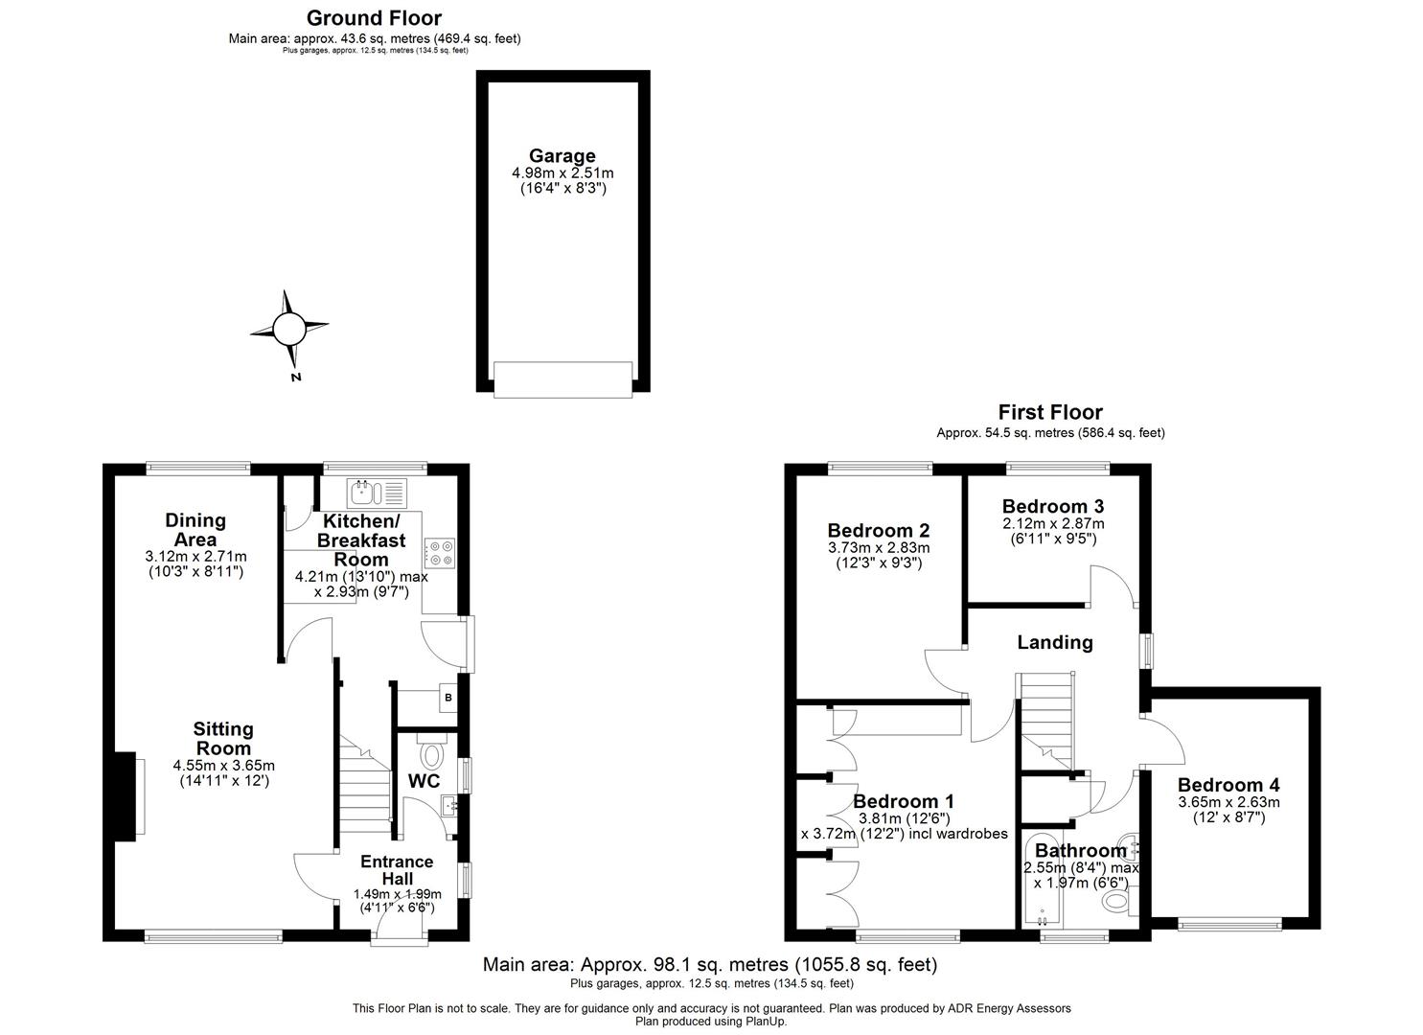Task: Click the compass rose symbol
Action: point(288,330)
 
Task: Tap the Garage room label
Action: point(562,156)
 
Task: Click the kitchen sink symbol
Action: point(379,493)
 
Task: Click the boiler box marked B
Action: point(448,697)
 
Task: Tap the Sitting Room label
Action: point(223,739)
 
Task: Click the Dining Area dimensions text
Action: point(195,564)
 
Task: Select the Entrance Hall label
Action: point(397,869)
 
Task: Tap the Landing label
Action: point(1054,642)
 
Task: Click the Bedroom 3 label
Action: point(1052,506)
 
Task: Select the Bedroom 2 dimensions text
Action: point(879,556)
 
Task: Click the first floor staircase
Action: point(1048,719)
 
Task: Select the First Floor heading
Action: point(1050,413)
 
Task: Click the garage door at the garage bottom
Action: point(562,379)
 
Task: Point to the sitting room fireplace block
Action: point(125,796)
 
